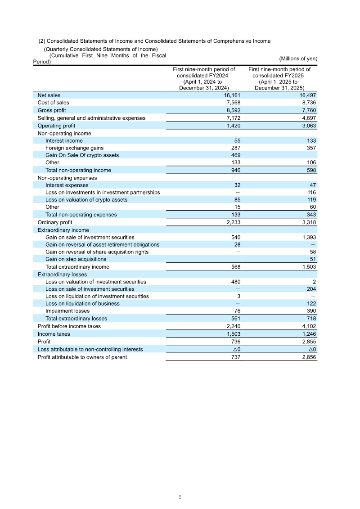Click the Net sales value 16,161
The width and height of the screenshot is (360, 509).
pyautogui.click(x=232, y=95)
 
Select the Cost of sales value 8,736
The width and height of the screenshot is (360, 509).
pyautogui.click(x=308, y=103)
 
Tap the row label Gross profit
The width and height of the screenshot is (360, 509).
pyautogui.click(x=52, y=110)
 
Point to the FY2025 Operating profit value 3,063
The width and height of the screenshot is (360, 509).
pyautogui.click(x=308, y=126)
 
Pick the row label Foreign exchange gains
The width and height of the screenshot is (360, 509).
pyautogui.click(x=74, y=148)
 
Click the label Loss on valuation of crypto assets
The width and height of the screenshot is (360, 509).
pyautogui.click(x=86, y=200)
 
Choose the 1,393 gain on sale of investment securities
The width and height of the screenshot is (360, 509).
pyautogui.click(x=308, y=237)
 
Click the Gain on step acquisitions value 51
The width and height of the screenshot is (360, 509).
pyautogui.click(x=313, y=259)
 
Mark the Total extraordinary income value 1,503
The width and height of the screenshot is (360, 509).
pyautogui.click(x=308, y=267)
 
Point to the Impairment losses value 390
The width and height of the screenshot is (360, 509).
pyautogui.click(x=311, y=311)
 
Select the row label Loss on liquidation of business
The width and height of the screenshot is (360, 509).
pyautogui.click(x=82, y=304)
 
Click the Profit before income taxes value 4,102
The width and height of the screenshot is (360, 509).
pyautogui.click(x=308, y=326)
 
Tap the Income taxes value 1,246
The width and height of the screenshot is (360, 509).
pyautogui.click(x=308, y=334)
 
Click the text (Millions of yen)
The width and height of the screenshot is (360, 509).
pyautogui.click(x=298, y=59)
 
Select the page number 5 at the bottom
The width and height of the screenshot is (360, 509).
pyautogui.click(x=180, y=497)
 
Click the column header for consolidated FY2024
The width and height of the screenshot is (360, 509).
pyautogui.click(x=204, y=79)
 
